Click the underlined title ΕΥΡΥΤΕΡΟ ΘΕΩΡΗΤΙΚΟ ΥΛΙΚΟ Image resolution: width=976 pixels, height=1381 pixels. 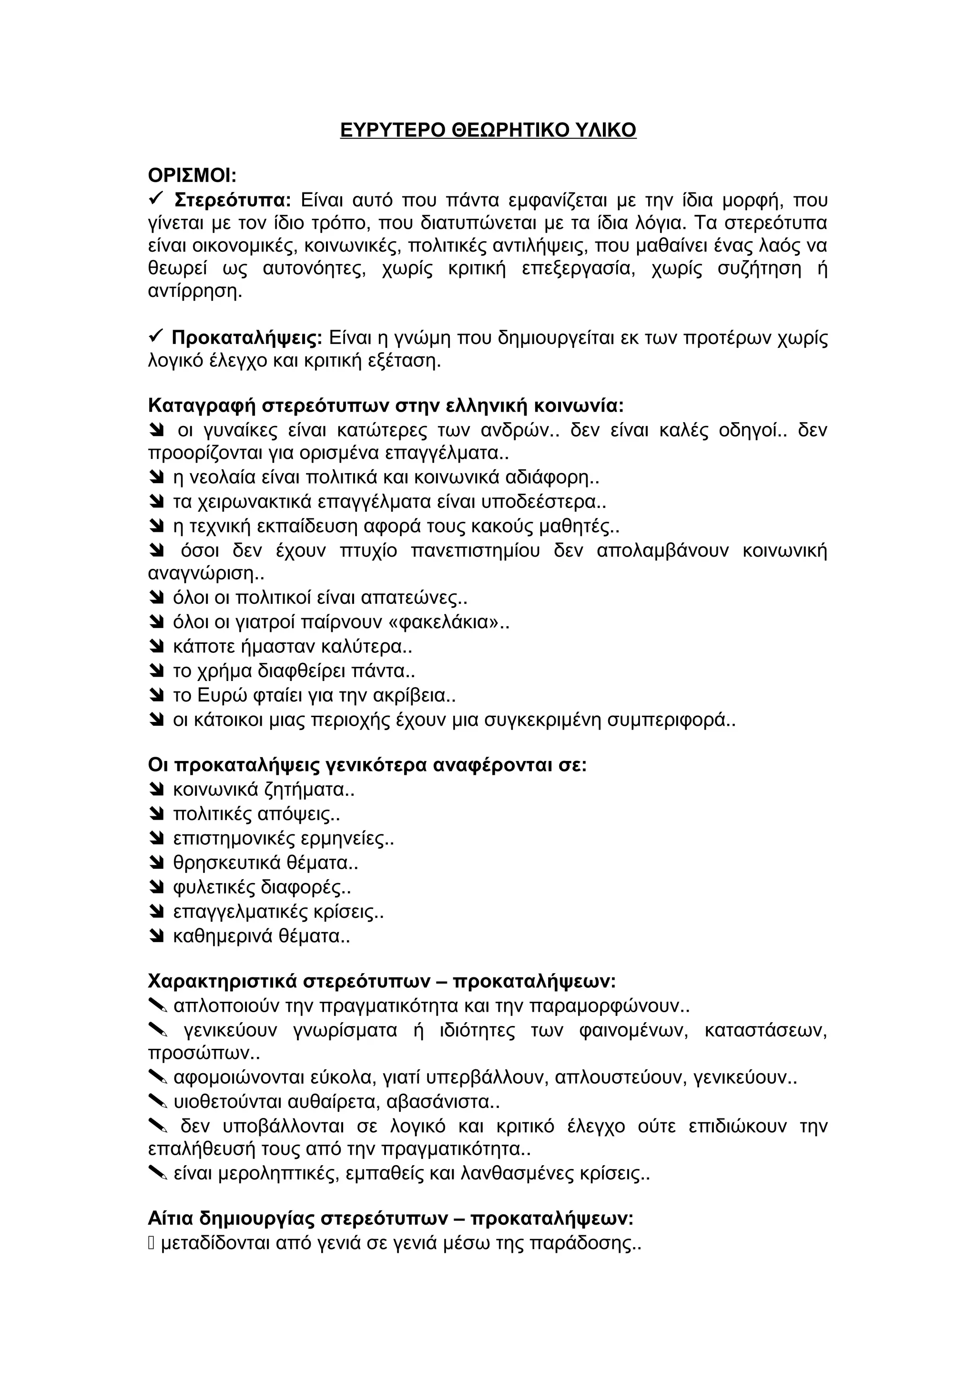(488, 131)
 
